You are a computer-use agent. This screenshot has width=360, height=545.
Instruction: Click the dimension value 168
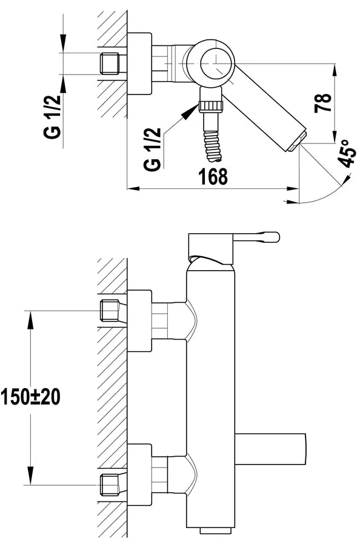213,176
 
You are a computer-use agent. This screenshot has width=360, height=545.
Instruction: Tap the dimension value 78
323,102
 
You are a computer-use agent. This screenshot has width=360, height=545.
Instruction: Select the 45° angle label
347,154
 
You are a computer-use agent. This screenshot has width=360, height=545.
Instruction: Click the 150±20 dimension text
30,396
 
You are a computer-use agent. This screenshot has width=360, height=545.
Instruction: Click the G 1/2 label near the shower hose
153,149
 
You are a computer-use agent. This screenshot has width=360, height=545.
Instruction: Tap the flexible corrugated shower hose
213,147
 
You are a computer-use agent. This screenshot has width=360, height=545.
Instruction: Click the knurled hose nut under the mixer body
210,105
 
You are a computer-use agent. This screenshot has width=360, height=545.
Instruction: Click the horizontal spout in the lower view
271,449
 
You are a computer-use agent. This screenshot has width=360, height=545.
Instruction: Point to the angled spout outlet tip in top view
298,142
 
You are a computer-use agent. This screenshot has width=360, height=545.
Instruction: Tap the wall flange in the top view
139,64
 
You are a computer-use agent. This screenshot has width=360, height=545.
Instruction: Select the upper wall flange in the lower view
139,321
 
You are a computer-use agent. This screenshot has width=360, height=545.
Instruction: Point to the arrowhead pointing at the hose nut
190,112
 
